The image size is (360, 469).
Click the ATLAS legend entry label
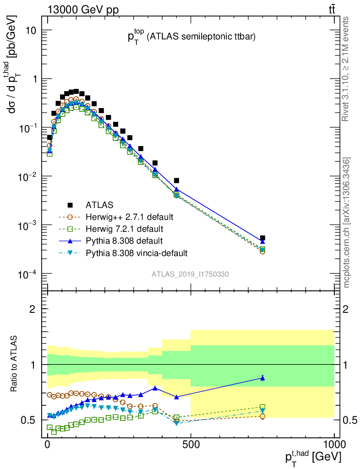pos(99,204)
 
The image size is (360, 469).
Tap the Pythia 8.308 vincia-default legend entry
pos(136,252)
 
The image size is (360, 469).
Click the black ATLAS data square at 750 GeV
pos(262,238)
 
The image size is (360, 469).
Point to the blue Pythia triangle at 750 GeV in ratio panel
pos(262,378)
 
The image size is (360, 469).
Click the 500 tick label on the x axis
pos(191,444)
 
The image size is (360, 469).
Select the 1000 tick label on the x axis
pos(334,444)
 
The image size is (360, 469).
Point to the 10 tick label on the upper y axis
pos(34,30)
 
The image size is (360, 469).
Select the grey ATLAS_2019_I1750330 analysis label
pos(191,274)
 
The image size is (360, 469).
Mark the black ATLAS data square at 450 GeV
pos(177,180)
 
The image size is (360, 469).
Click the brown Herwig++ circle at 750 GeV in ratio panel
pos(262,416)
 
